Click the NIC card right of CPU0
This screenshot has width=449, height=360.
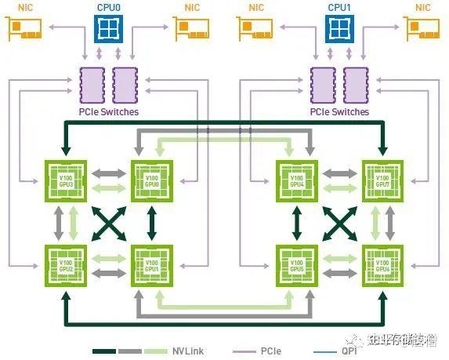point(193,29)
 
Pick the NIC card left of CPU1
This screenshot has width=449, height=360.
point(256,29)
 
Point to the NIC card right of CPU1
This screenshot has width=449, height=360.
point(422,29)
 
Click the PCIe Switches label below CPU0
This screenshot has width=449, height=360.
point(109,112)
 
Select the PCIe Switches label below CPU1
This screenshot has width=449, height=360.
point(339,112)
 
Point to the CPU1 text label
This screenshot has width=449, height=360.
point(339,6)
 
